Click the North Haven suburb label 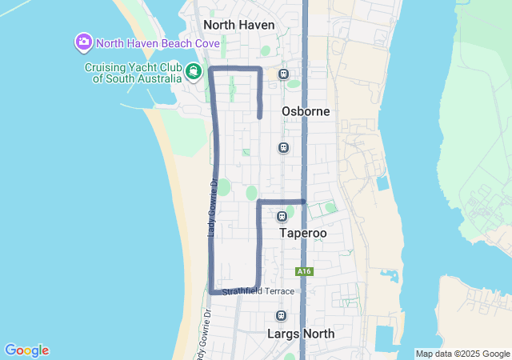(x=239, y=25)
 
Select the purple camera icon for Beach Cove (x=82, y=41)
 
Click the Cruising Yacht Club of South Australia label (x=133, y=73)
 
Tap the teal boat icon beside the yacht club (x=193, y=73)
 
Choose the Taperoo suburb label (x=302, y=233)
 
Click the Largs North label (x=302, y=334)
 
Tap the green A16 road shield (x=303, y=272)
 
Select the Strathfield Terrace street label (x=258, y=291)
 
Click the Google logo (x=26, y=350)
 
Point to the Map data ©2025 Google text (x=462, y=354)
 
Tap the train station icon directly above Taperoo (x=282, y=217)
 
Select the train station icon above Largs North (x=281, y=316)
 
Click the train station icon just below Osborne (x=282, y=147)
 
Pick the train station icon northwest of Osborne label (x=283, y=74)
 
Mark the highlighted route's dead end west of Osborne (x=260, y=117)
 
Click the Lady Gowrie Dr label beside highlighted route (x=212, y=208)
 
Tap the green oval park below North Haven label (x=266, y=50)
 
